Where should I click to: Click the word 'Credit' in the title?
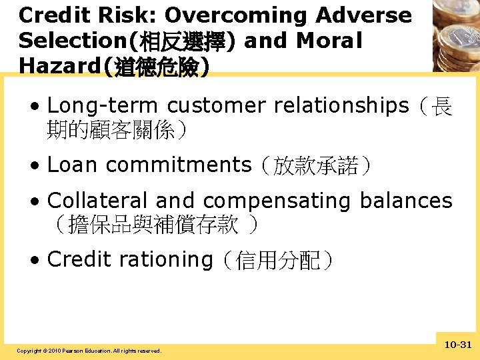(x=54, y=15)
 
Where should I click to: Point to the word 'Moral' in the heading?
(x=329, y=41)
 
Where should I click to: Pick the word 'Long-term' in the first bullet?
(x=103, y=106)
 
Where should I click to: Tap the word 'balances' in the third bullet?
(x=413, y=201)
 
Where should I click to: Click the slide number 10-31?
(x=457, y=345)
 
